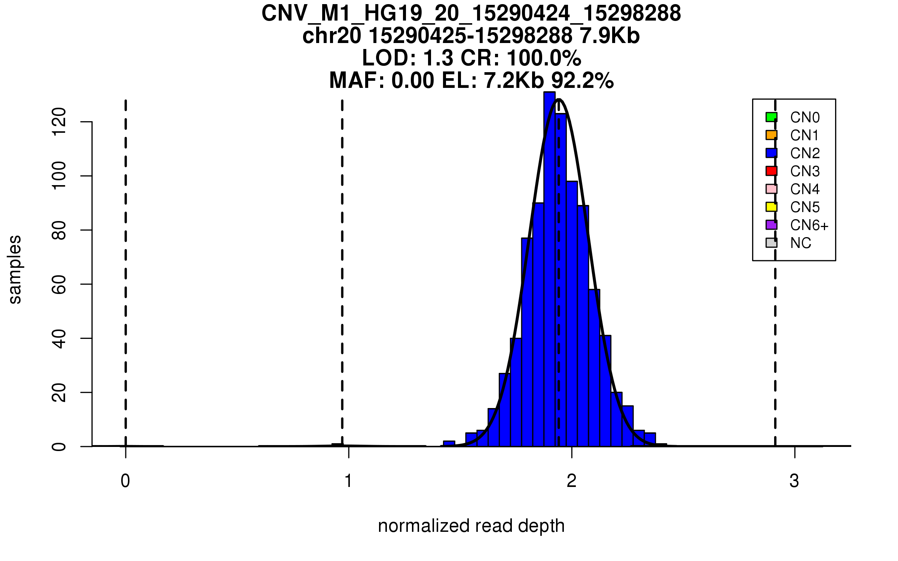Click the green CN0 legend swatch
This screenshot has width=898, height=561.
771,117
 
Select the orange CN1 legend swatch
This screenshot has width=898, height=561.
771,135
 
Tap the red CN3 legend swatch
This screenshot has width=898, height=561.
771,171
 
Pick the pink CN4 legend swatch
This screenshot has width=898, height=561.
771,189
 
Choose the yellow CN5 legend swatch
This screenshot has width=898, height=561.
771,207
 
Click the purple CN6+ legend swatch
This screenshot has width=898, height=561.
771,225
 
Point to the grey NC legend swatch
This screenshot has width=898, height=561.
771,243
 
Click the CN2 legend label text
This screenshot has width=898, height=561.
805,153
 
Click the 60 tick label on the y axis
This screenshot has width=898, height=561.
59,284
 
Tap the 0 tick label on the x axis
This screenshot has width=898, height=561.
125,481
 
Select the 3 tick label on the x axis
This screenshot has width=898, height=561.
794,481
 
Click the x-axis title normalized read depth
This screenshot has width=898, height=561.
471,526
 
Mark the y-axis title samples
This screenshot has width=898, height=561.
15,269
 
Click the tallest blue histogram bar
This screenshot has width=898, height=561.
549,262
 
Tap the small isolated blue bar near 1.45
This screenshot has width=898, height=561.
449,444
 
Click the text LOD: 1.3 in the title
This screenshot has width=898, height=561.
408,58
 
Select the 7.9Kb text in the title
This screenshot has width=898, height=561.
610,36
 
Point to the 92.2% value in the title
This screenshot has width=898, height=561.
583,80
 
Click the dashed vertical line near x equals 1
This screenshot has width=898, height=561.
342,262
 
